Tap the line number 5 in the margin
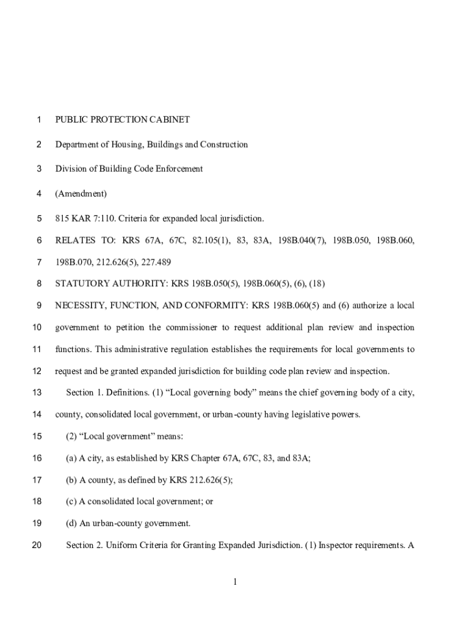point(39,218)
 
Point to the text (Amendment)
point(81,193)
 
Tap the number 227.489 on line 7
point(156,262)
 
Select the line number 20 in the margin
point(37,545)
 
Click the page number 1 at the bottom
point(234,582)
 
